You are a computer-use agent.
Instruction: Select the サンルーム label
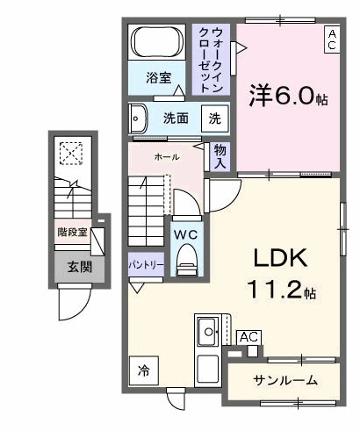pos(285,380)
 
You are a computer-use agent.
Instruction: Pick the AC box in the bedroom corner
pos(332,40)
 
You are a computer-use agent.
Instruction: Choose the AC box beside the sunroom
pos(248,337)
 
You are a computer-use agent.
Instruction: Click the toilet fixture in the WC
pos(185,260)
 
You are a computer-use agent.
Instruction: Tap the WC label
pos(184,234)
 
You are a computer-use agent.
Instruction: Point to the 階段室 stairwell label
pos(72,233)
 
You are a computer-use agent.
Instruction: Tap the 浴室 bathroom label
pos(159,77)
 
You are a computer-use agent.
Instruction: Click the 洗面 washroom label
pos(176,118)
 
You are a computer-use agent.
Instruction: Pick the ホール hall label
pos(166,156)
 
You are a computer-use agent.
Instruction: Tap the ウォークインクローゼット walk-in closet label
pos(211,60)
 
